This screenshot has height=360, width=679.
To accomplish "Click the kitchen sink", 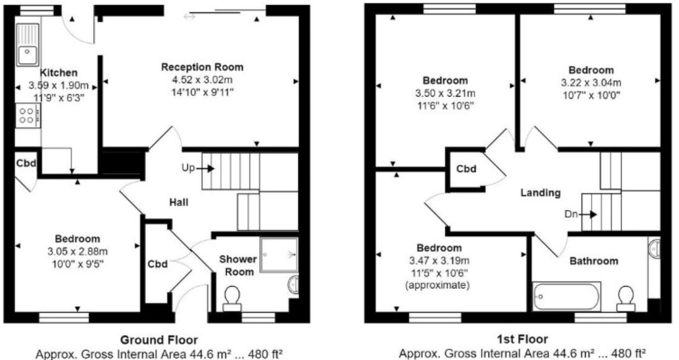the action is point(28,44).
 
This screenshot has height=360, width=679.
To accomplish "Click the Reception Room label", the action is point(202,67).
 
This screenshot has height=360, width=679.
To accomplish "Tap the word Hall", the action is point(179,202).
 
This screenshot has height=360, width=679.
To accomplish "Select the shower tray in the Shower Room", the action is point(279,255).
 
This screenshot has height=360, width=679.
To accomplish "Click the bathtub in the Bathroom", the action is point(566,296).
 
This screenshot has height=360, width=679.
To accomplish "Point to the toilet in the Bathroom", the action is point(626,299).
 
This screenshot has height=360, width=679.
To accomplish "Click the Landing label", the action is point(540,193).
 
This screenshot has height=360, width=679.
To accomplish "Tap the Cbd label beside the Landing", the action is point(466,169).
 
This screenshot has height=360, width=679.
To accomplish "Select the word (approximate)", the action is point(437,285).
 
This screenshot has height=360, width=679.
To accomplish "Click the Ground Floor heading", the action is point(159,340).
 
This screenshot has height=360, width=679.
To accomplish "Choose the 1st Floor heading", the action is point(523,340).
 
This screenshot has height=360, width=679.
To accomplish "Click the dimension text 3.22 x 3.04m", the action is point(591,83).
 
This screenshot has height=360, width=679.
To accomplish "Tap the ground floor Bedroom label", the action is point(77,239).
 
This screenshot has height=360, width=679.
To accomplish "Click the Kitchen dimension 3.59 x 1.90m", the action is point(59,85).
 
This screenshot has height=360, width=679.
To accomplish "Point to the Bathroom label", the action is point(594,261).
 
